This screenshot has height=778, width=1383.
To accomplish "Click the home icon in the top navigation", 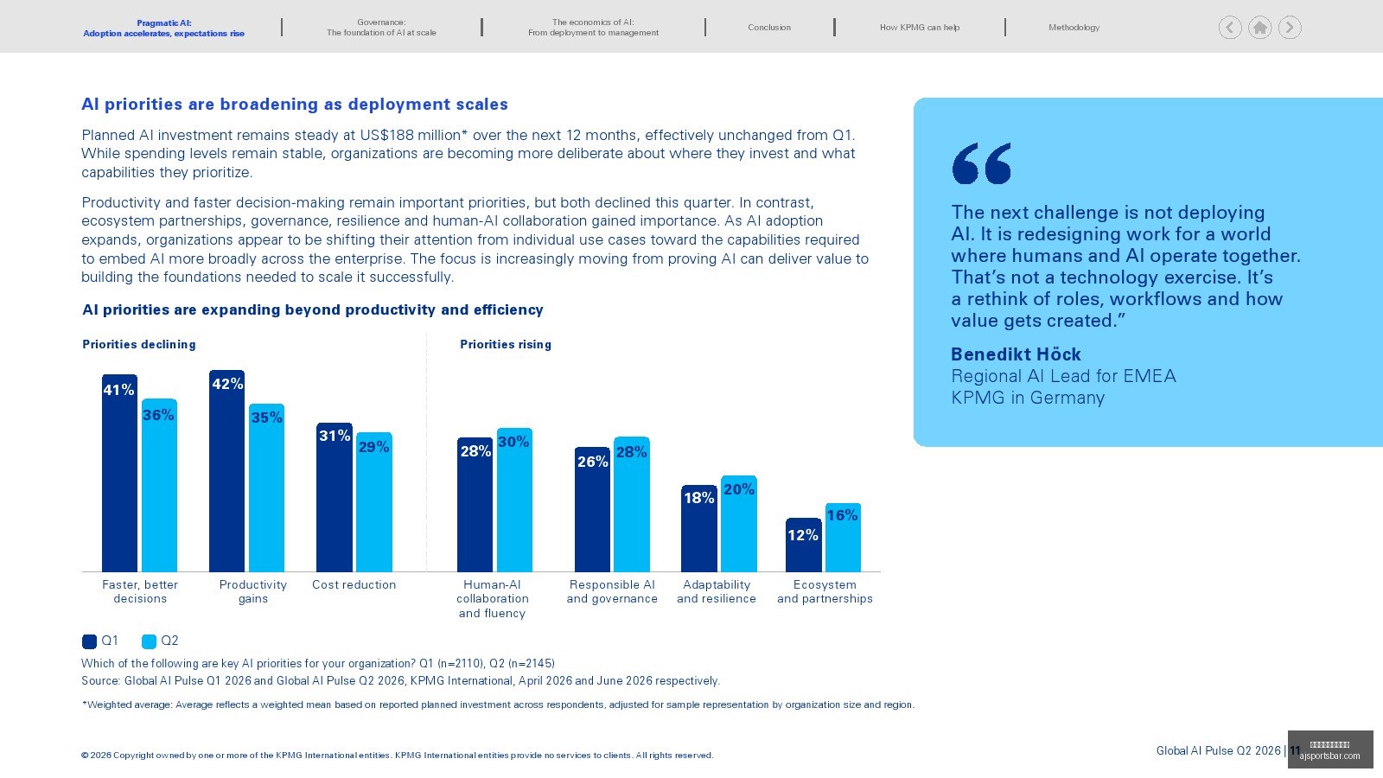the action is click(x=1259, y=28).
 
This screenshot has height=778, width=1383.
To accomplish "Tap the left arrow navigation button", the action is click(x=1230, y=28).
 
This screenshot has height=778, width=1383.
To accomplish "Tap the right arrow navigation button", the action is click(x=1290, y=28).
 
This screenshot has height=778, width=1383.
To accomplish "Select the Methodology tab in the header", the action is click(x=1074, y=27).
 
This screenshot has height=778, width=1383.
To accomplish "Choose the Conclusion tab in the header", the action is click(x=769, y=27).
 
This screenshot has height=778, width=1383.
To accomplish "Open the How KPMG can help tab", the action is click(x=920, y=27).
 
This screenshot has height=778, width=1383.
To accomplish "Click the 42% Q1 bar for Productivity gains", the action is click(x=226, y=471).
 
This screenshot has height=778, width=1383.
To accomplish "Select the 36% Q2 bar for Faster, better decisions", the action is click(x=159, y=485).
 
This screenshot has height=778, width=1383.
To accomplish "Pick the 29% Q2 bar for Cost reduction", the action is click(x=373, y=502).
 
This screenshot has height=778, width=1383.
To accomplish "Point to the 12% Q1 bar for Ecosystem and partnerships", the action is click(x=803, y=545).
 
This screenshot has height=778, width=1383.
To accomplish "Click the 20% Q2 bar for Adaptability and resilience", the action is click(x=738, y=524).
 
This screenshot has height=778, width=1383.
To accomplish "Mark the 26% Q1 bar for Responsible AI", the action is click(x=592, y=509).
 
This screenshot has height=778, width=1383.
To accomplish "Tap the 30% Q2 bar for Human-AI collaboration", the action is click(x=514, y=501).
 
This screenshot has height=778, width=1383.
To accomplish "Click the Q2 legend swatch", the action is click(x=149, y=641).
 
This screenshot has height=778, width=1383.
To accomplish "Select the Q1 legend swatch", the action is click(x=89, y=641).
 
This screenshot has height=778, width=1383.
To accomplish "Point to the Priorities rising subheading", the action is click(x=506, y=345).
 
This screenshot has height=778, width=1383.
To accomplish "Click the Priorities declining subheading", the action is click(x=139, y=345).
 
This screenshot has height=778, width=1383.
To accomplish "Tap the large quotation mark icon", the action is click(x=982, y=163).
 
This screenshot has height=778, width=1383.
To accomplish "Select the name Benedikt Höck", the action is click(x=1016, y=354).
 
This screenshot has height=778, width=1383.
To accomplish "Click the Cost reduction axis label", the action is click(x=354, y=584).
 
